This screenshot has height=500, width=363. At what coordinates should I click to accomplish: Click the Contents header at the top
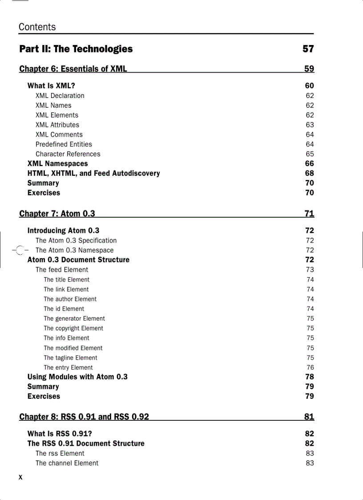37,27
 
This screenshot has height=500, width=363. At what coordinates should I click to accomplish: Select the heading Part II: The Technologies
76,49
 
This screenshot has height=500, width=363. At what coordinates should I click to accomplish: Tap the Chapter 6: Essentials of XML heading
73,69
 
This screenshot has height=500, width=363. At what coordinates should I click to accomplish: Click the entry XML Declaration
60,96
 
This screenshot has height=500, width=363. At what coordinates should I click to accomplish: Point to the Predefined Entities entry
64,144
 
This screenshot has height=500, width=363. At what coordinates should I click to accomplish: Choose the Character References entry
68,154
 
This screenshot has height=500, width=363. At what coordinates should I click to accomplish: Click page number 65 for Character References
310,154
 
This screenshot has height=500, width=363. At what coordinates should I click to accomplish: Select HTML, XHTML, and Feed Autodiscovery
93,173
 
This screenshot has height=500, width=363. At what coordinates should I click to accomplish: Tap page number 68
310,173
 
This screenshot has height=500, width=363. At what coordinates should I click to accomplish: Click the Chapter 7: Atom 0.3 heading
57,214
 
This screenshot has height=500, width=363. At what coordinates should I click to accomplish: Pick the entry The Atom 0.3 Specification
76,240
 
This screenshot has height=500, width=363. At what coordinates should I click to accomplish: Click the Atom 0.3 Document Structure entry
78,260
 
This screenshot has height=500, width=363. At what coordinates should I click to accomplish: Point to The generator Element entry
74,318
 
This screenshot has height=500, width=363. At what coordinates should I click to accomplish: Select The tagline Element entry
70,358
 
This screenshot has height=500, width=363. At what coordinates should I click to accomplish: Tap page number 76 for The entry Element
310,367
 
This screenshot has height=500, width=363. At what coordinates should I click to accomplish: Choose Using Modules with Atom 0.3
77,377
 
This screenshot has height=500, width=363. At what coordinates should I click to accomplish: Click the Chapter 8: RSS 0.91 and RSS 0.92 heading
84,417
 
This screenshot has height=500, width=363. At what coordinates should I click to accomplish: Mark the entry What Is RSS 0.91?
60,434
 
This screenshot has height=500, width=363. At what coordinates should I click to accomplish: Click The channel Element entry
67,463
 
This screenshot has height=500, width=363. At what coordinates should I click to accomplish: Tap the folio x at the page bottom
20,478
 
